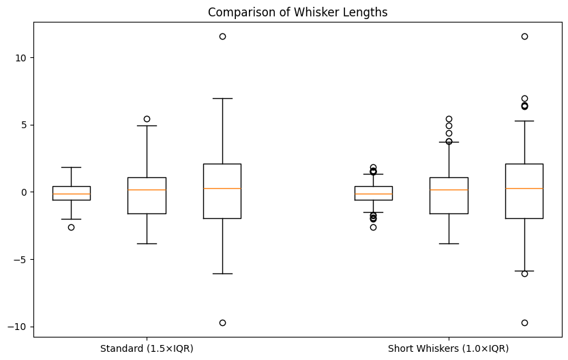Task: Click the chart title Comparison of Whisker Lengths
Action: point(297,12)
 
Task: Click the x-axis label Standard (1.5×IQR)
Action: point(147,348)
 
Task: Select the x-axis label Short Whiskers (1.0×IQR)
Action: point(448,348)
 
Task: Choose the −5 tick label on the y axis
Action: point(20,260)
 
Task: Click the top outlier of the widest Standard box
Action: point(222,36)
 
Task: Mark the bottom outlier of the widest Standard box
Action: point(222,322)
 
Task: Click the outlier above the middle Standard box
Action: point(147,119)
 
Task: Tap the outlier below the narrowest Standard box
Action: point(71,227)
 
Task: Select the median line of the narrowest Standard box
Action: point(71,194)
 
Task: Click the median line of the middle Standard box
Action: point(147,190)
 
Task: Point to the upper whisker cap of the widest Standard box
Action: point(222,98)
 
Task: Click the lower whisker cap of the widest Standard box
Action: point(222,273)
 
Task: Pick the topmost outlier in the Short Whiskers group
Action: point(524,36)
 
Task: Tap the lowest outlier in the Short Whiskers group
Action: point(524,322)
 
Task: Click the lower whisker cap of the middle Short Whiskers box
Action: point(449,243)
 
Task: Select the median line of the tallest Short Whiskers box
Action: point(524,188)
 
